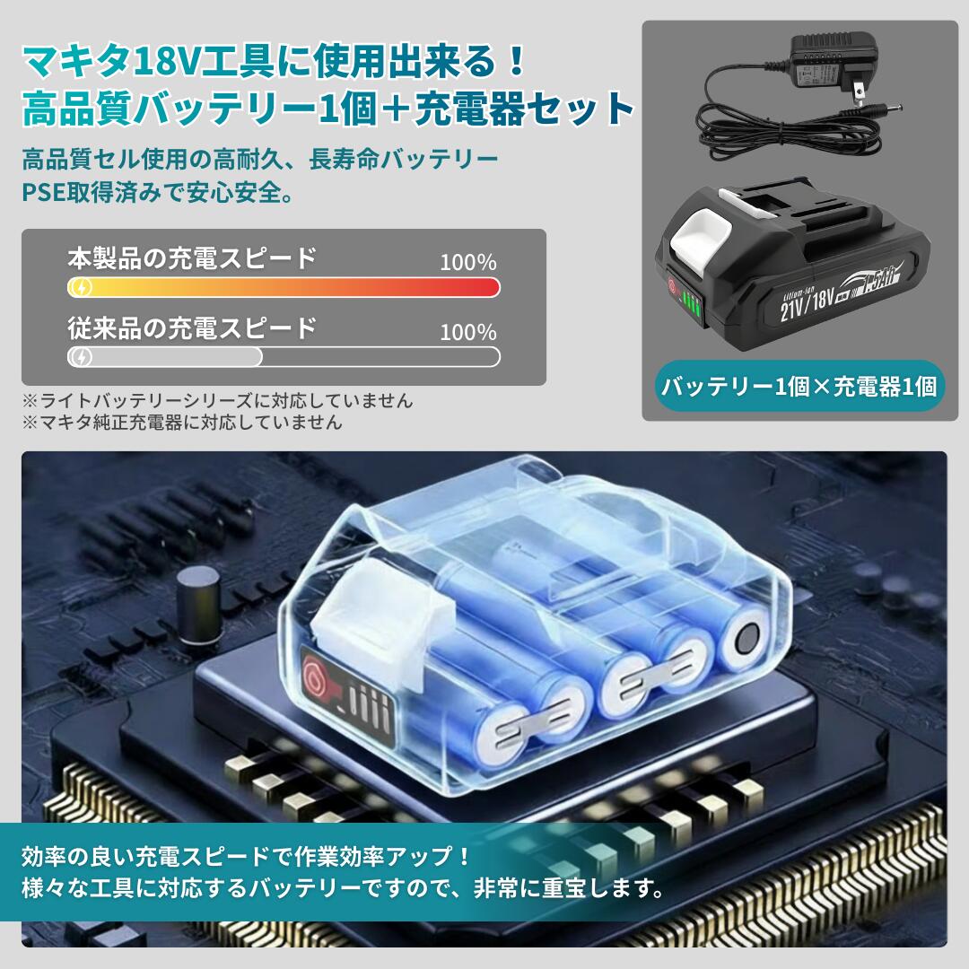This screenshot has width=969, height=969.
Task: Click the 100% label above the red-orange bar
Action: [467, 263]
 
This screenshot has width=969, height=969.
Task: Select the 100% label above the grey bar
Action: [467, 332]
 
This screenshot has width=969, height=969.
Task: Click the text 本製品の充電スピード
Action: [192, 258]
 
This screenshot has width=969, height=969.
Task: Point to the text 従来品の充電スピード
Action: [192, 327]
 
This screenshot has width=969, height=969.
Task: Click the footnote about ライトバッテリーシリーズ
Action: [218, 401]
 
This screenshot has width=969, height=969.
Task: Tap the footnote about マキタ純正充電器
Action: [182, 422]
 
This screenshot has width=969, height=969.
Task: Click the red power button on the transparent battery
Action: [319, 675]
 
